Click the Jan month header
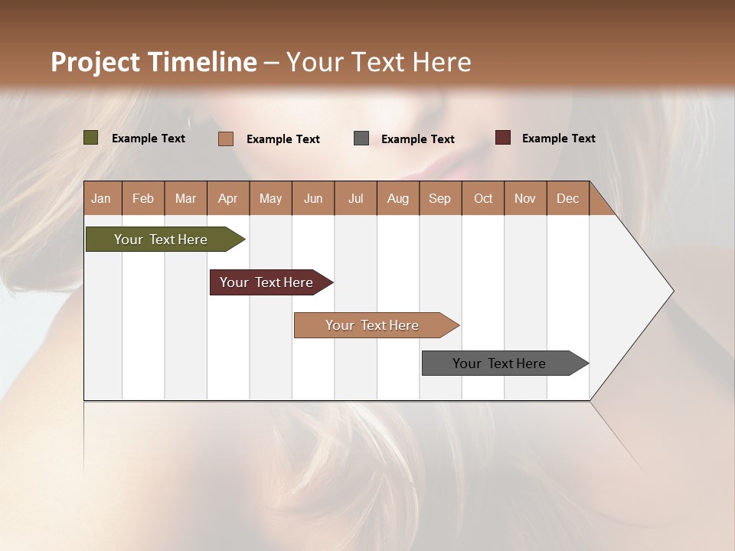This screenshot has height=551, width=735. [102, 198]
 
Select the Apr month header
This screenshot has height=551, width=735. [228, 198]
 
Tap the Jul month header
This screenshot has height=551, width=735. [355, 198]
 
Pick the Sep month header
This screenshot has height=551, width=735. [440, 198]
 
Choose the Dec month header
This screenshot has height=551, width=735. [567, 198]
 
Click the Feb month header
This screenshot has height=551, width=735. [143, 198]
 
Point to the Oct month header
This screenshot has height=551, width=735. [483, 198]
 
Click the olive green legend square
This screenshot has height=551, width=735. [91, 138]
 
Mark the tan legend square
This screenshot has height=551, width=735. [226, 139]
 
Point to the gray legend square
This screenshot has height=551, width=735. [361, 139]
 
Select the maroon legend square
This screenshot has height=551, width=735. [503, 138]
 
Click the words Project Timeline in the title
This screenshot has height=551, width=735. [154, 62]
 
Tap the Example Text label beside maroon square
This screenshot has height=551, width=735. [558, 139]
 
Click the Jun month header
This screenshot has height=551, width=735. [313, 198]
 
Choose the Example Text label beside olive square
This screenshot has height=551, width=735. [149, 139]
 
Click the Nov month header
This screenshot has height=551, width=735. [525, 198]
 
